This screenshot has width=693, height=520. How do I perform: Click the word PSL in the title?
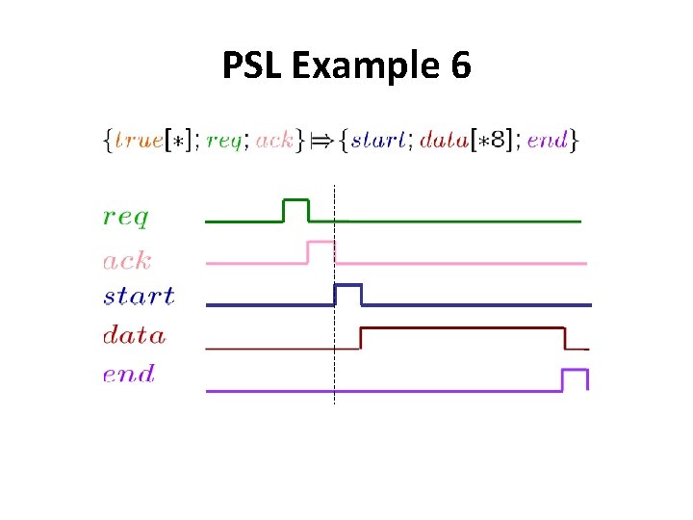pos(252,66)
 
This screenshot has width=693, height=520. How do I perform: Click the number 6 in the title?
pos(459,66)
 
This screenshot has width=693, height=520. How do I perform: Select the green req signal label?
pos(126,218)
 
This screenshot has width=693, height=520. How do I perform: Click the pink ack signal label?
pos(126,260)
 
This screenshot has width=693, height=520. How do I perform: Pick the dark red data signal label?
pos(134,335)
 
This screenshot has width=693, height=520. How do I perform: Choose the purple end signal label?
pos(128,374)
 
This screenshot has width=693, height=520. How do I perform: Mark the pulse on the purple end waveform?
pos(575,371)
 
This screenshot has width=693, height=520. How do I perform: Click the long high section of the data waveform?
pos(462,329)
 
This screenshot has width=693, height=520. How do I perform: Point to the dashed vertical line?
pos(334,366)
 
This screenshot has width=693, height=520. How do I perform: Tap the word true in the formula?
pos(139,141)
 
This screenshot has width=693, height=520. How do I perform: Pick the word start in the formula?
pos(378,141)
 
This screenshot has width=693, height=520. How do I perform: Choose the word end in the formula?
pos(548,141)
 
